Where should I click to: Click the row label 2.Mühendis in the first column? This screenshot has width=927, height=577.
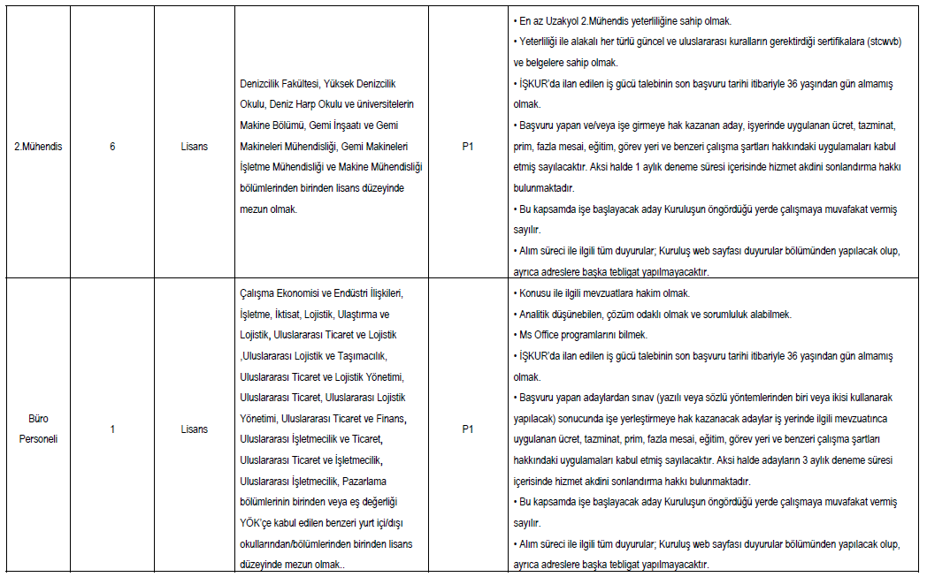click(38, 146)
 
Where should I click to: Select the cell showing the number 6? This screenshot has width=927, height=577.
click(112, 146)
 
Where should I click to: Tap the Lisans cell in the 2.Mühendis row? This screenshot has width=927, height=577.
click(194, 146)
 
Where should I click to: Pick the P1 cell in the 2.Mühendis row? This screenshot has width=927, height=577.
click(468, 146)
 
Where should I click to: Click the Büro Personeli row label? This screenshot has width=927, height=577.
click(38, 429)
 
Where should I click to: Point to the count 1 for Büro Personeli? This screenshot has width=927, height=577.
click(112, 429)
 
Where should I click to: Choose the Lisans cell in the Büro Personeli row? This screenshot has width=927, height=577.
click(194, 429)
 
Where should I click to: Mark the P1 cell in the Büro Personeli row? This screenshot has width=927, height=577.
click(468, 429)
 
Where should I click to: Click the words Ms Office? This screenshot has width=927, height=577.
click(540, 335)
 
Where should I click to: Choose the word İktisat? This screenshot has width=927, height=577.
click(288, 315)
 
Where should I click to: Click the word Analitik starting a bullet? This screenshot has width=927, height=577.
click(538, 315)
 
